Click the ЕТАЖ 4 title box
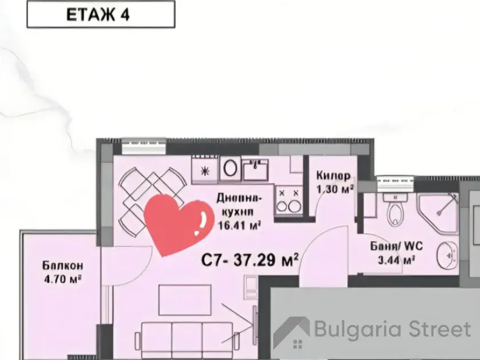pos(101,14)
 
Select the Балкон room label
pos(63,265)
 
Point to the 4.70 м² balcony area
pos(63,279)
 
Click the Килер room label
pos(333,176)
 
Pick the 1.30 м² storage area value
pos(335,190)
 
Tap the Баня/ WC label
pos(397,246)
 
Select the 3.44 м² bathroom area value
pos(397,260)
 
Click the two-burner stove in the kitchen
pos(289,200)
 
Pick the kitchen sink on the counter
pos(255,169)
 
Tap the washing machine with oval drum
pos(230,169)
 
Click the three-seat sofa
pos(187,339)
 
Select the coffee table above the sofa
pos(185,300)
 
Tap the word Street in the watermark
pos(439,329)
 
